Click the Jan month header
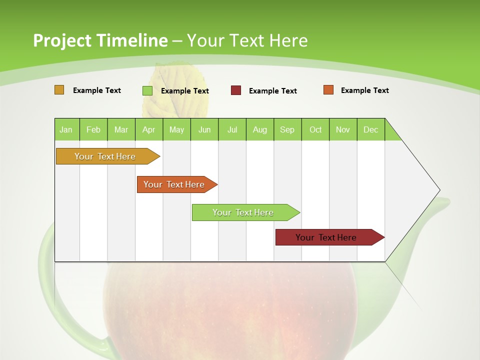[x=66, y=129]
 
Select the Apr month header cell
[x=149, y=129]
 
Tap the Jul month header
[x=232, y=129]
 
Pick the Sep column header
[x=287, y=129]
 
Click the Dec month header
[x=370, y=129]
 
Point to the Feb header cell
[x=93, y=129]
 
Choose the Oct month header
[x=315, y=129]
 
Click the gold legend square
[x=59, y=90]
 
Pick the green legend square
[x=147, y=90]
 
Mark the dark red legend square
[x=236, y=90]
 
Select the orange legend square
[x=328, y=90]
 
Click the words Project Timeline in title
[x=100, y=40]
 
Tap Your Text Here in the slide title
[x=247, y=40]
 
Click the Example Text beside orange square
[x=364, y=90]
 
